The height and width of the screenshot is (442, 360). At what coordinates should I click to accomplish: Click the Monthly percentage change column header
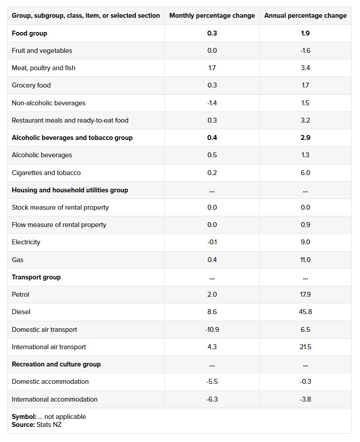[212, 16]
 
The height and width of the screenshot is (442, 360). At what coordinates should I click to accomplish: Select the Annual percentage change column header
[305, 16]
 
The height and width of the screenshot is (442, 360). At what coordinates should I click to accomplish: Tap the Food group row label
[29, 33]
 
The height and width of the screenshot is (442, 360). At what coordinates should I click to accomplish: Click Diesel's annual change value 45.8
[305, 312]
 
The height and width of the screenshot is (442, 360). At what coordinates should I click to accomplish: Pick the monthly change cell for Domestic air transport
[212, 330]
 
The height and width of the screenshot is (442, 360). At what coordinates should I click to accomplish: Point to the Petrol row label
[20, 295]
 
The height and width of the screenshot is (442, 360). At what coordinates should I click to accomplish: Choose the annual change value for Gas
[305, 259]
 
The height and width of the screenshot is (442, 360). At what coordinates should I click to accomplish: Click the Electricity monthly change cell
[212, 242]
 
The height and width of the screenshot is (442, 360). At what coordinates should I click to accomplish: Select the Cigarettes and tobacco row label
[46, 173]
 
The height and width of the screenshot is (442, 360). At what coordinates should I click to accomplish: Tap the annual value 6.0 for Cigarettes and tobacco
[305, 173]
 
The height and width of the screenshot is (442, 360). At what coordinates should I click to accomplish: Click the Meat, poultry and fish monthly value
[212, 68]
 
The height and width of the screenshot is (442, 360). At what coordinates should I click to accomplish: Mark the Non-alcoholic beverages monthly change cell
[212, 103]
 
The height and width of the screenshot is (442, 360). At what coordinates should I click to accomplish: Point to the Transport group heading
[36, 277]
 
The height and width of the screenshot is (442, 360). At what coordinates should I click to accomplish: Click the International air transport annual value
[305, 347]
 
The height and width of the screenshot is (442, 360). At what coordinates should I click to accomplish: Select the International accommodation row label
[55, 399]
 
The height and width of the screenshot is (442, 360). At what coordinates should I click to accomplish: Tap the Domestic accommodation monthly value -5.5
[212, 382]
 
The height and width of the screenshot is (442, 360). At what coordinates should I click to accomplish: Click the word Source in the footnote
[23, 425]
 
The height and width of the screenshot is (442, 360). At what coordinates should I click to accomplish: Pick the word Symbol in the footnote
[24, 417]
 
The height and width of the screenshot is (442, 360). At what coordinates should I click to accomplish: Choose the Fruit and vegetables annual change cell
[305, 51]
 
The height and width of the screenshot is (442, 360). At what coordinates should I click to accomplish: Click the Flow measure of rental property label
[59, 225]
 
